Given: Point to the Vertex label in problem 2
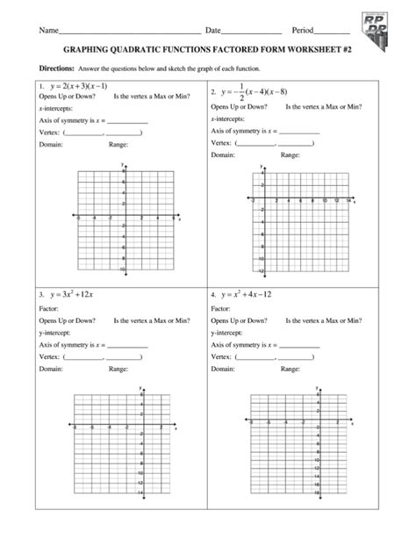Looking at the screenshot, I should (x=221, y=140).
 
